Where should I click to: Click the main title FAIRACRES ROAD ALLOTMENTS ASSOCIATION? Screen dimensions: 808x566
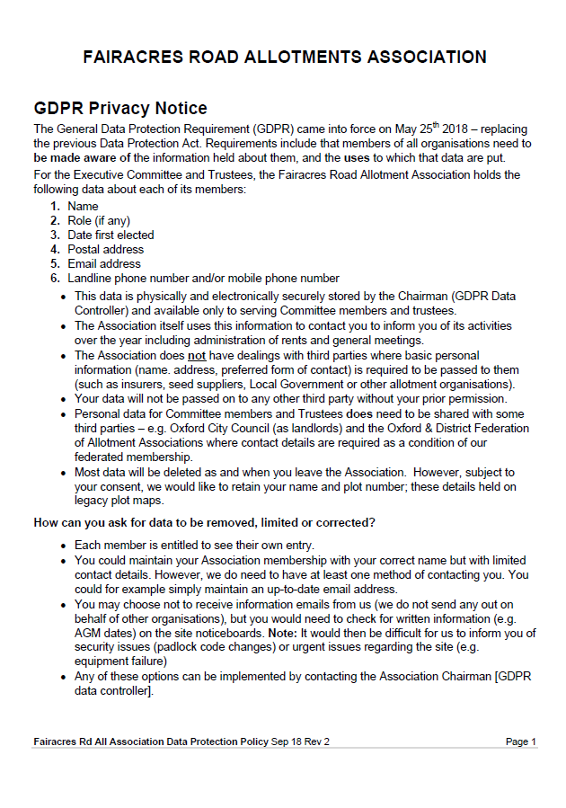(x=284, y=57)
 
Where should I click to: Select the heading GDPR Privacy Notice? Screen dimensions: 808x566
(x=120, y=109)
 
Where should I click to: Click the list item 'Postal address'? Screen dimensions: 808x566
(x=105, y=249)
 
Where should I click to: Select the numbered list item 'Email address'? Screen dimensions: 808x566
(x=104, y=263)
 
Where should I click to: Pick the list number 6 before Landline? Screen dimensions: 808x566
(x=55, y=278)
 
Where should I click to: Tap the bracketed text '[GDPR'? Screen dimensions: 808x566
(x=513, y=676)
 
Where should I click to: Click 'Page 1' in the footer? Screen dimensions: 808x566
(x=520, y=741)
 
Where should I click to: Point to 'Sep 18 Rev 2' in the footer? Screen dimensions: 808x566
(x=300, y=741)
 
